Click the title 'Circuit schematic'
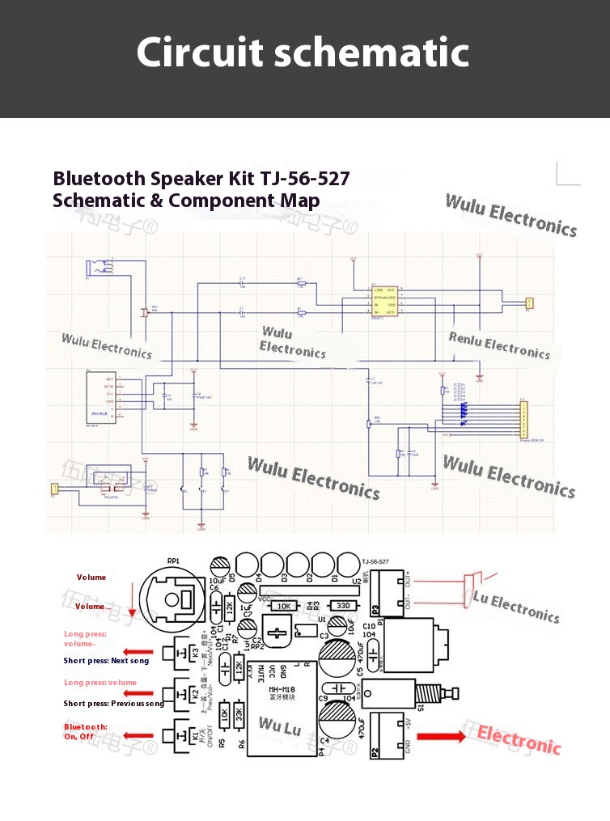click(303, 53)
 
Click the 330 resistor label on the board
click(341, 605)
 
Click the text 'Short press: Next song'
click(106, 661)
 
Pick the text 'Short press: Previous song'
click(113, 704)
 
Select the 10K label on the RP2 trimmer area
click(283, 605)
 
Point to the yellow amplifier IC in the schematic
click(384, 300)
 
